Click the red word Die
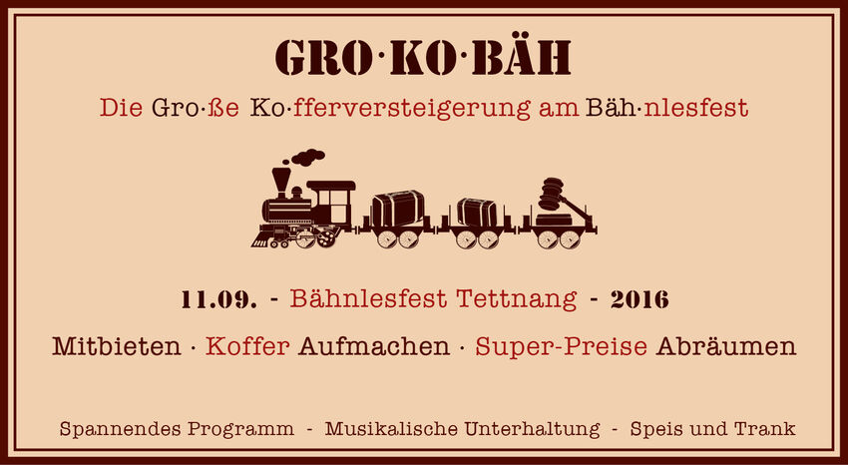tap(121, 108)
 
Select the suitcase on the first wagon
tap(397, 209)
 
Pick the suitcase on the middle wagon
tap(477, 213)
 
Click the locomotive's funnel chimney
tap(281, 183)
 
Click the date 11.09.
tap(219, 299)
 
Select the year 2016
tap(639, 299)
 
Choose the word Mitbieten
tap(117, 346)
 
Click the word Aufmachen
tap(374, 346)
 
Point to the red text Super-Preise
tap(561, 347)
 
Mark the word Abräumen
tap(725, 346)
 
